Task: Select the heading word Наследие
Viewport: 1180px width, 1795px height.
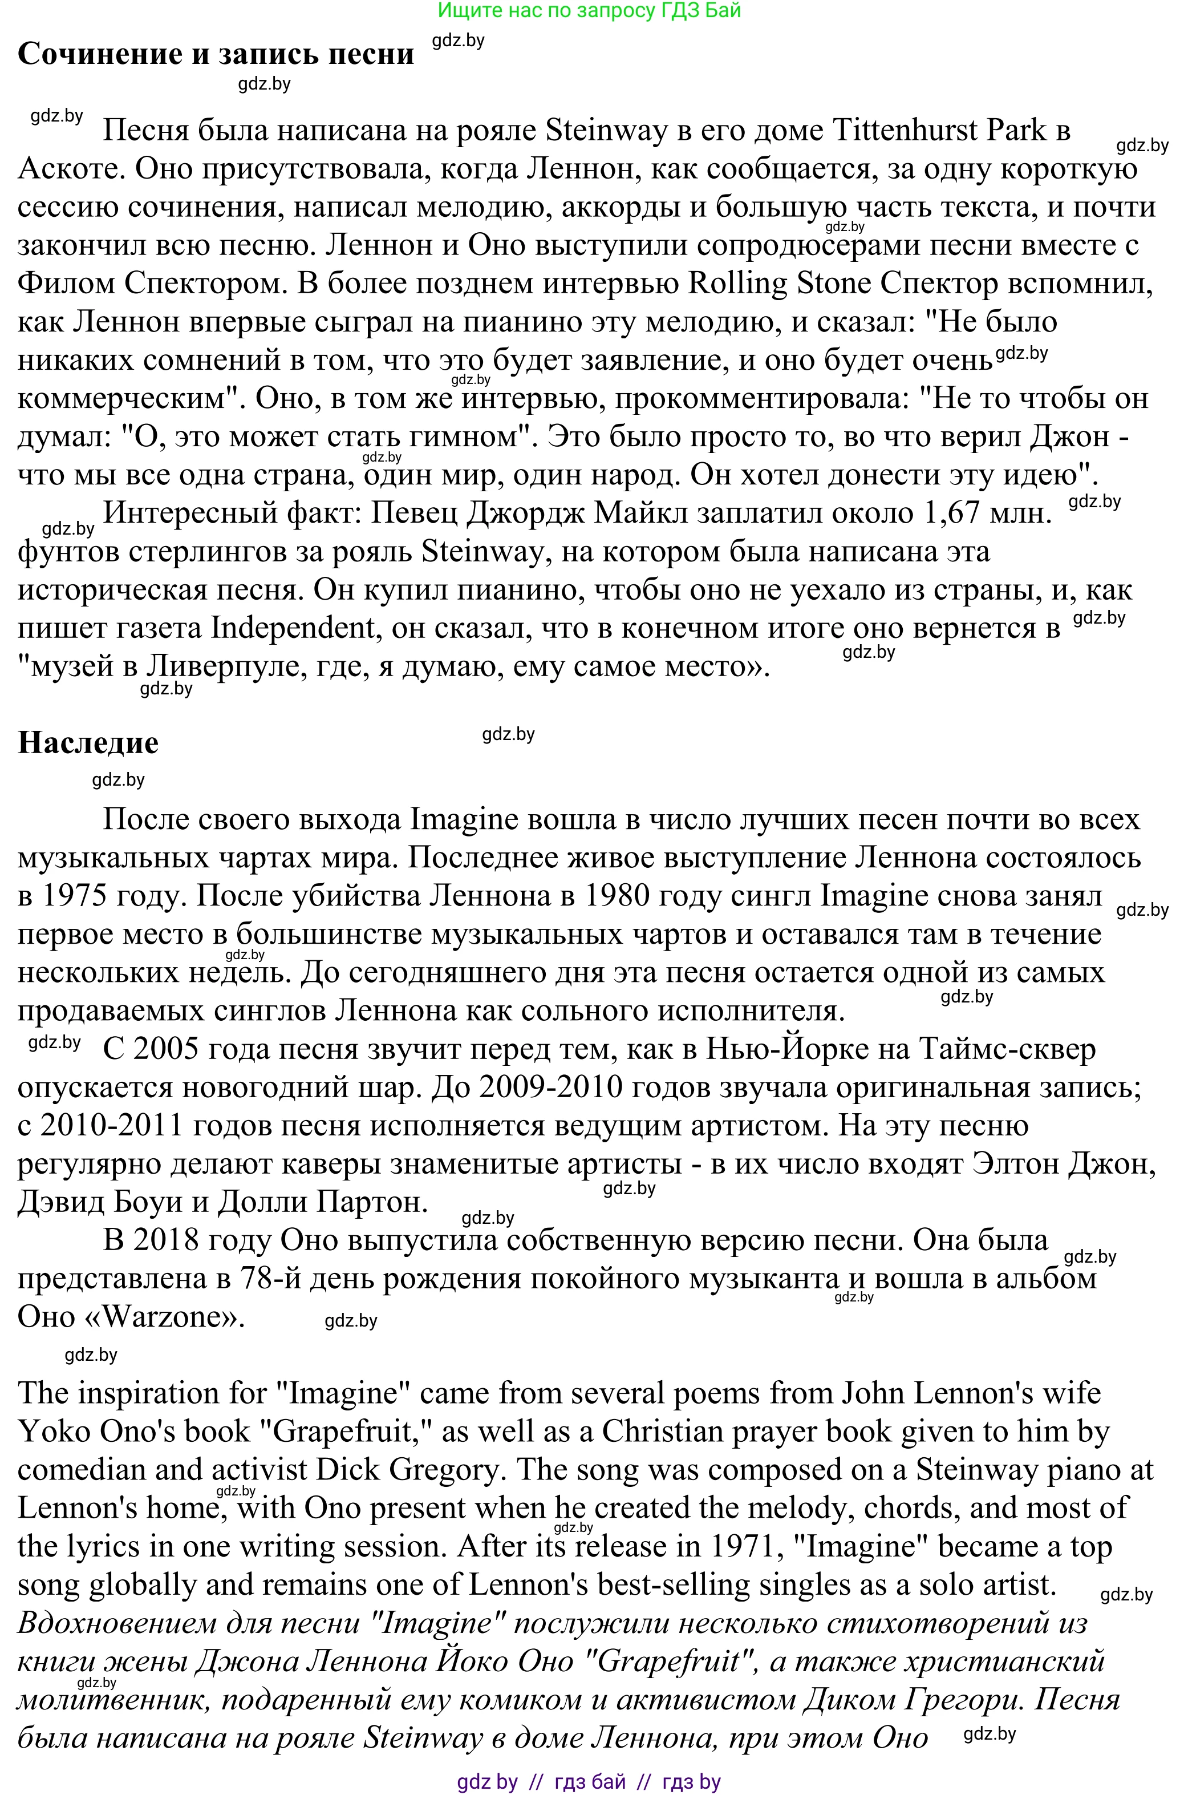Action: [x=88, y=743]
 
